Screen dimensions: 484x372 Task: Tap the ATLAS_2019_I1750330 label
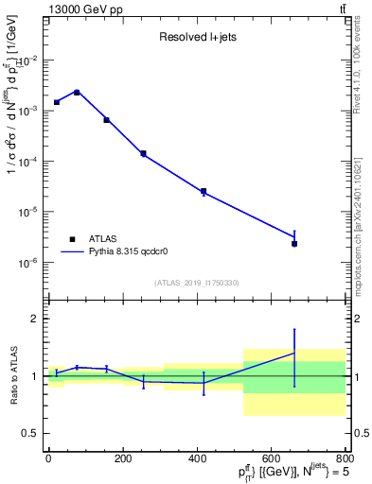(197, 283)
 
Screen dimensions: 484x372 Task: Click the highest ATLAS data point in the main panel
(77, 92)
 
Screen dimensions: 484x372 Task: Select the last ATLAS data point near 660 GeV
(294, 244)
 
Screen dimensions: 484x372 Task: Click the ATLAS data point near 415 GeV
(204, 191)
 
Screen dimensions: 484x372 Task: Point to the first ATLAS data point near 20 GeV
(57, 102)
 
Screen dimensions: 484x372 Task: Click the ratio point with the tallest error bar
(294, 353)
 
